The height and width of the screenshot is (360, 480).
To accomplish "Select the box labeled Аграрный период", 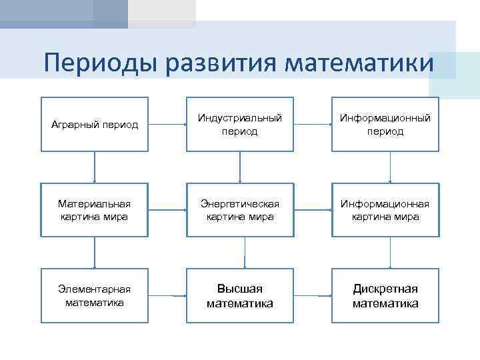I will click(x=95, y=125).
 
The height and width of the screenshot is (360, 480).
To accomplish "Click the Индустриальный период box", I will click(x=240, y=125).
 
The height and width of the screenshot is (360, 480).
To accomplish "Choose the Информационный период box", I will click(x=385, y=125).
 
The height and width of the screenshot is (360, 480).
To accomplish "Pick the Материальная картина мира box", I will click(x=95, y=210).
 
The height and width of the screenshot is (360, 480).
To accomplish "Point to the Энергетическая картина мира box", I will click(x=240, y=210).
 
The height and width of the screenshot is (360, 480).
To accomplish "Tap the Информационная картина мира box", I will click(x=385, y=210).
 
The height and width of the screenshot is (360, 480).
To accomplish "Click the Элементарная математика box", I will click(x=95, y=295).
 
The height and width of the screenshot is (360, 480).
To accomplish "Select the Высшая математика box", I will click(x=240, y=295).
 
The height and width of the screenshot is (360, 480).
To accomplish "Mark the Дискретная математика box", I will click(x=385, y=295).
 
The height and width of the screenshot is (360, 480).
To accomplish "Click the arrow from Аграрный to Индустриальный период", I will click(x=167, y=124).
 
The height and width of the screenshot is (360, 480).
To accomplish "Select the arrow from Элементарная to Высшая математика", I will click(x=167, y=295).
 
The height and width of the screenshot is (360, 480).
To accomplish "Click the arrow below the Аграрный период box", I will click(x=95, y=167).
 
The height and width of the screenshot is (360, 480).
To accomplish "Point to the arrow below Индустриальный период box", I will click(x=240, y=167).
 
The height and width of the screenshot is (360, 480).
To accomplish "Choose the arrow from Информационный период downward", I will click(x=390, y=167).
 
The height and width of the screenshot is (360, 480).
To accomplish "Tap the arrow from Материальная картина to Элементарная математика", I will click(x=95, y=252).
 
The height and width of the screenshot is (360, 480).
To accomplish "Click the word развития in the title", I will click(x=223, y=63).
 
